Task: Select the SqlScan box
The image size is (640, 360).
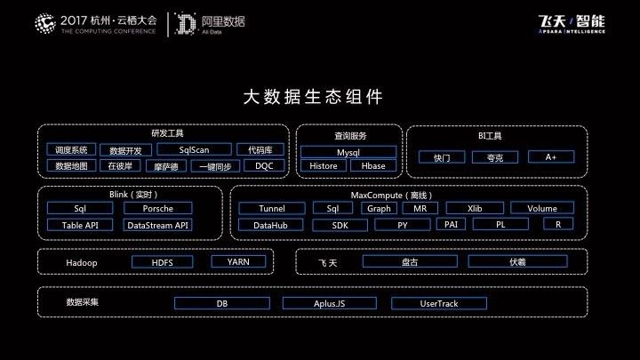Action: click(194, 149)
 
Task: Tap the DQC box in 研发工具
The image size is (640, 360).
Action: click(264, 165)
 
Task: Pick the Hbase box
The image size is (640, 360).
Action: click(373, 165)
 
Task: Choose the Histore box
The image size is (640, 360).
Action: click(323, 165)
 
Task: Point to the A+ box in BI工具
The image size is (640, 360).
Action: click(550, 156)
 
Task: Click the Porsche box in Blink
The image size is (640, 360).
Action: click(158, 208)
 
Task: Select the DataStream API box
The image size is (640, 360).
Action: click(158, 225)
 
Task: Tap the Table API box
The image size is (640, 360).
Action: click(80, 225)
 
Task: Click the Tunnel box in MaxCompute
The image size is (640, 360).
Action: click(271, 208)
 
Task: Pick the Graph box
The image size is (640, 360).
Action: click(379, 208)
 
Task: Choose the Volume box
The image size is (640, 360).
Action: click(542, 208)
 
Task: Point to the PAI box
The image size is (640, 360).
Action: click(451, 224)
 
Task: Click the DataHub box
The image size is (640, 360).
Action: click(271, 225)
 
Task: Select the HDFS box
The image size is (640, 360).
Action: click(162, 262)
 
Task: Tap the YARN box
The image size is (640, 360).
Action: click(238, 261)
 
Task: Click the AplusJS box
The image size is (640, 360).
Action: click(330, 303)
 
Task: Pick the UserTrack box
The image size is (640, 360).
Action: click(438, 303)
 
